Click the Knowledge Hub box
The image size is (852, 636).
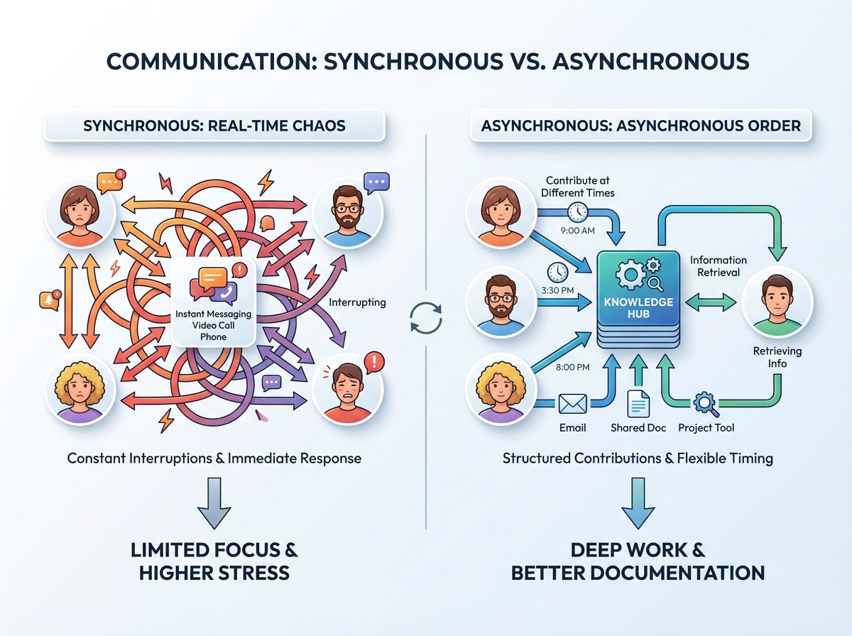tap(638, 299)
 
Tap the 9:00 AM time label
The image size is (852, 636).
tap(577, 231)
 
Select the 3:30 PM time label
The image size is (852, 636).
tap(557, 290)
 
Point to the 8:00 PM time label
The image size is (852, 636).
tap(572, 367)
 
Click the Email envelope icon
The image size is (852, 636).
tap(572, 404)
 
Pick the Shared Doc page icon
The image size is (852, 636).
tap(638, 403)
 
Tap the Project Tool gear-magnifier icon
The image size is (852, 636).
tap(706, 404)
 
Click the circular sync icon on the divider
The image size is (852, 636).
tap(426, 318)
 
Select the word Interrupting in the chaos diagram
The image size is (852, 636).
tap(357, 302)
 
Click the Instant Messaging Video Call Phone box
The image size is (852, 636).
tap(214, 302)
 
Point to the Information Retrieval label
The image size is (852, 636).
tap(718, 266)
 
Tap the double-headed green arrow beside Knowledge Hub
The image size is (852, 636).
tap(711, 302)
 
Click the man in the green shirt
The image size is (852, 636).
tap(777, 302)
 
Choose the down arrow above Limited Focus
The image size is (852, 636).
tap(214, 503)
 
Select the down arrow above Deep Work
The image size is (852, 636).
tap(638, 503)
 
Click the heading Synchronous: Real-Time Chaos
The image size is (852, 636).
tap(214, 126)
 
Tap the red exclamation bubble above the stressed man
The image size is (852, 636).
tap(373, 363)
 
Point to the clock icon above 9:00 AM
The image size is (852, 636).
tap(577, 212)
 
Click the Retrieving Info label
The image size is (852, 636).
tap(777, 357)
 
